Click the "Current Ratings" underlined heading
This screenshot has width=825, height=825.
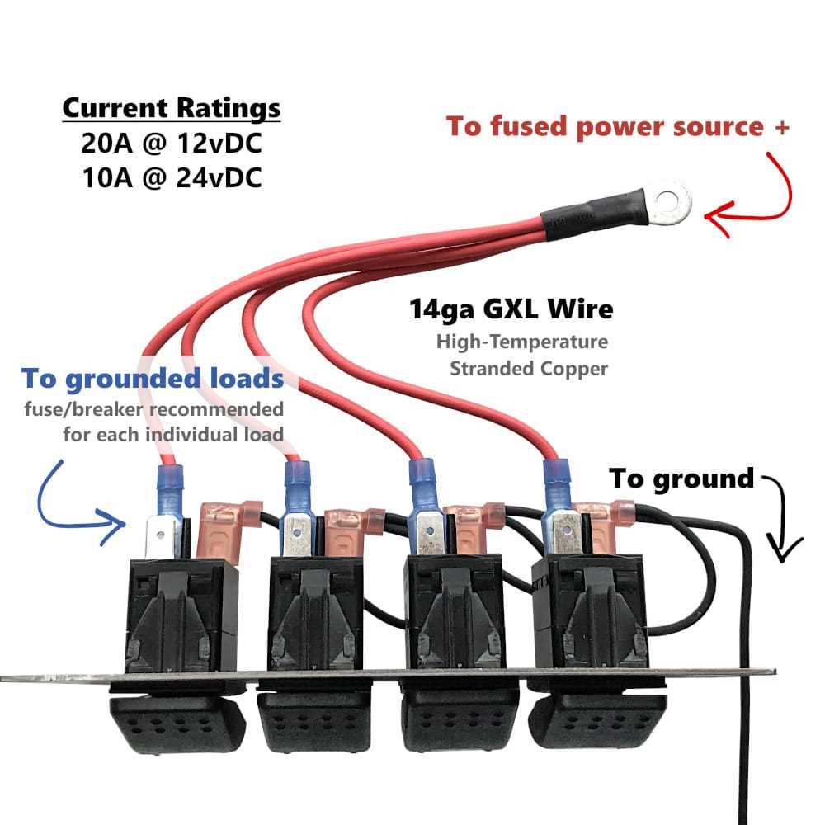[172, 108]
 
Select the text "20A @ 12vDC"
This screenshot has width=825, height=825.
[172, 144]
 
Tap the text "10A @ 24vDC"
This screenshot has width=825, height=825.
[172, 178]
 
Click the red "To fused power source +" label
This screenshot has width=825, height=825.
[618, 127]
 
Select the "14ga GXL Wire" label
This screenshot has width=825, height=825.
[511, 309]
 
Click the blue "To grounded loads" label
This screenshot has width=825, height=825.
[153, 379]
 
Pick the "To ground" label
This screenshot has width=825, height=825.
[681, 478]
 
